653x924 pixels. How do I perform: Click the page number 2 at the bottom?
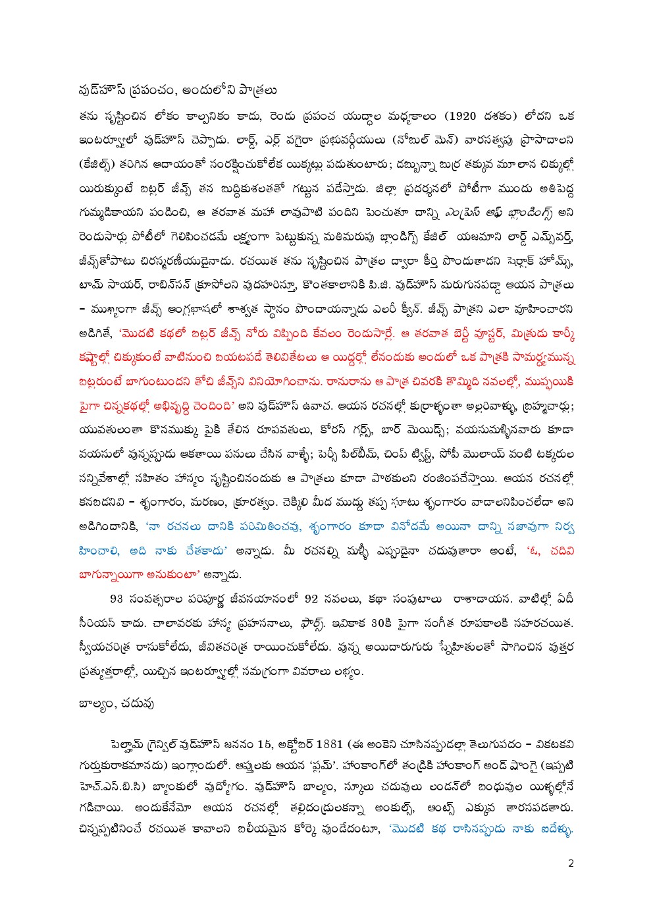tap(571, 863)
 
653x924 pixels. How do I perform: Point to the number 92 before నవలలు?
tap(311, 599)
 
